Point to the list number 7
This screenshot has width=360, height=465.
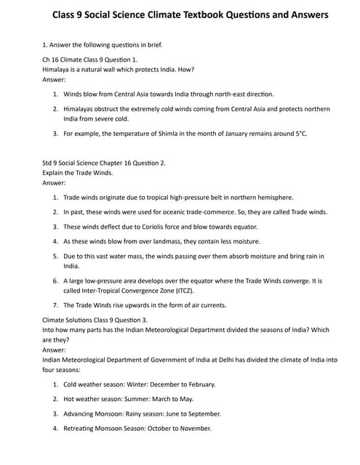point(56,304)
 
